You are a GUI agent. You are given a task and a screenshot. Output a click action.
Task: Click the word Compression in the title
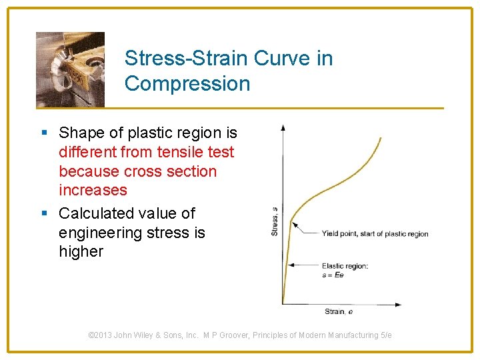187,84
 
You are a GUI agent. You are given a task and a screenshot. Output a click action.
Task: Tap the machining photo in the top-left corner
70,69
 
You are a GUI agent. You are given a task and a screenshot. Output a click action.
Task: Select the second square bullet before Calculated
44,214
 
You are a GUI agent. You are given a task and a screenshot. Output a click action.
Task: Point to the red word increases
93,190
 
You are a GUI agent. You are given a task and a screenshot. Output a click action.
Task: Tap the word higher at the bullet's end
81,251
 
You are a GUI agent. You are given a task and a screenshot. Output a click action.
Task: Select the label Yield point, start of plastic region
375,234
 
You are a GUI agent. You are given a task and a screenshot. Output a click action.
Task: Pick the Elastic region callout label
345,265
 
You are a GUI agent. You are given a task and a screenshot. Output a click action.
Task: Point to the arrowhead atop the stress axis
283,127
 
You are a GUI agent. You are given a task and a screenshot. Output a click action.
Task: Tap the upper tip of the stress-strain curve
381,138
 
